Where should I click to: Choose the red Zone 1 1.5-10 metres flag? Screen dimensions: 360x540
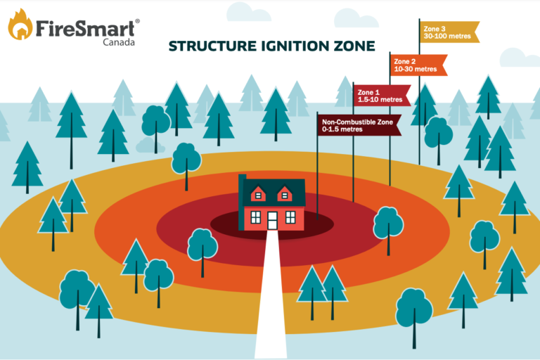(382, 96)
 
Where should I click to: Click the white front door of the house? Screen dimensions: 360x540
(273, 221)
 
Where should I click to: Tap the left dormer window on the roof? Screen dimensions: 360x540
(259, 193)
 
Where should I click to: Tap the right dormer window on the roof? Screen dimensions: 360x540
(285, 193)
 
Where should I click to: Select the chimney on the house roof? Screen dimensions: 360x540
(241, 181)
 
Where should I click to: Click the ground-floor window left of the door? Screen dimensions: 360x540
(255, 217)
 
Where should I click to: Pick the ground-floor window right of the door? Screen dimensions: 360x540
(290, 217)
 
